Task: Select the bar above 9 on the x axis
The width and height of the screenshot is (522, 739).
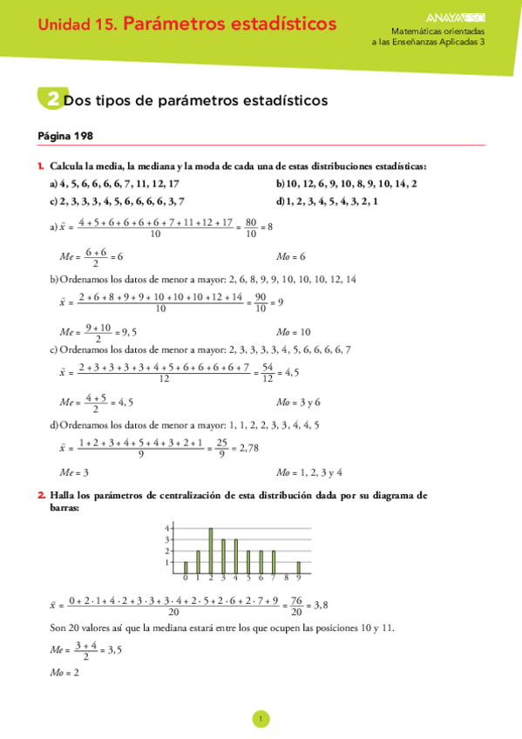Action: click(x=298, y=567)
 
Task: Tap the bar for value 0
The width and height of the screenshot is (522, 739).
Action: click(x=185, y=567)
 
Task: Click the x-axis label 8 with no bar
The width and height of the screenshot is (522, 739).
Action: click(x=286, y=578)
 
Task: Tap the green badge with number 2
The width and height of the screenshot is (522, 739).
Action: click(x=51, y=100)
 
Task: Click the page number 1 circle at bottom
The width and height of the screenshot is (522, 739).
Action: click(x=261, y=719)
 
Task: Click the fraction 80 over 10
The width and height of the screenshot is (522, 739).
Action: click(x=250, y=227)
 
